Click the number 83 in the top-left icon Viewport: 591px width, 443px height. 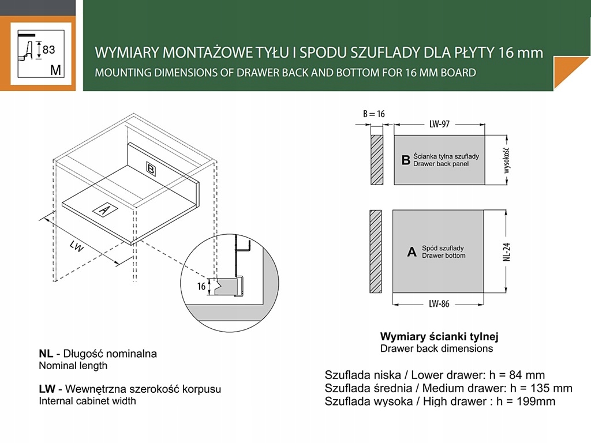49,50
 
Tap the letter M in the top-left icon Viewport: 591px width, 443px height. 56,70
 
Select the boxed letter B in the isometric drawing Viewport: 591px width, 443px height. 151,168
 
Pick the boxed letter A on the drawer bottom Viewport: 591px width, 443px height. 104,210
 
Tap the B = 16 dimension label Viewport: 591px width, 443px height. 374,114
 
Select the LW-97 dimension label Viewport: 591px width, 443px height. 439,123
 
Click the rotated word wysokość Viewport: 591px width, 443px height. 507,160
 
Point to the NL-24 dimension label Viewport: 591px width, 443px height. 507,252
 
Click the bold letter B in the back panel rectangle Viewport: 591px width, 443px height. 405,160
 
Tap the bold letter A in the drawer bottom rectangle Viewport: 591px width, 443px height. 412,252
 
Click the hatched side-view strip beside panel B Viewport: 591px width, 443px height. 376,160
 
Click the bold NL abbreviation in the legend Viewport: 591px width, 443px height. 46,354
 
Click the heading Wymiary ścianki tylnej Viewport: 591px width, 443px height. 439,336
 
